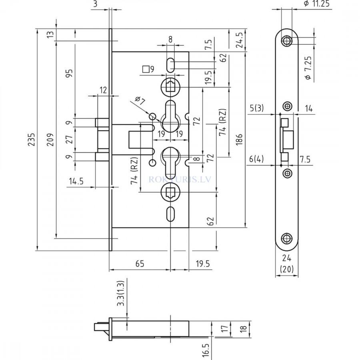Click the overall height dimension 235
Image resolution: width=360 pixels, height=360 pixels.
(32, 140)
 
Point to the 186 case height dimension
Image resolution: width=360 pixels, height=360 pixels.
(240, 140)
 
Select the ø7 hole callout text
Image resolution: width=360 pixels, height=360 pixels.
(140, 102)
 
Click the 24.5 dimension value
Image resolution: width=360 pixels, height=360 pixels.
(240, 40)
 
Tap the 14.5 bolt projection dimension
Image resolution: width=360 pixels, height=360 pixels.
(76, 181)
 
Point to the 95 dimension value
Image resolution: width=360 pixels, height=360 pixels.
(69, 74)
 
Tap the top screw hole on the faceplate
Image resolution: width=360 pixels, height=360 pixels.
(286, 41)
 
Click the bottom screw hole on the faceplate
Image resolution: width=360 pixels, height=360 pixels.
(286, 238)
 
